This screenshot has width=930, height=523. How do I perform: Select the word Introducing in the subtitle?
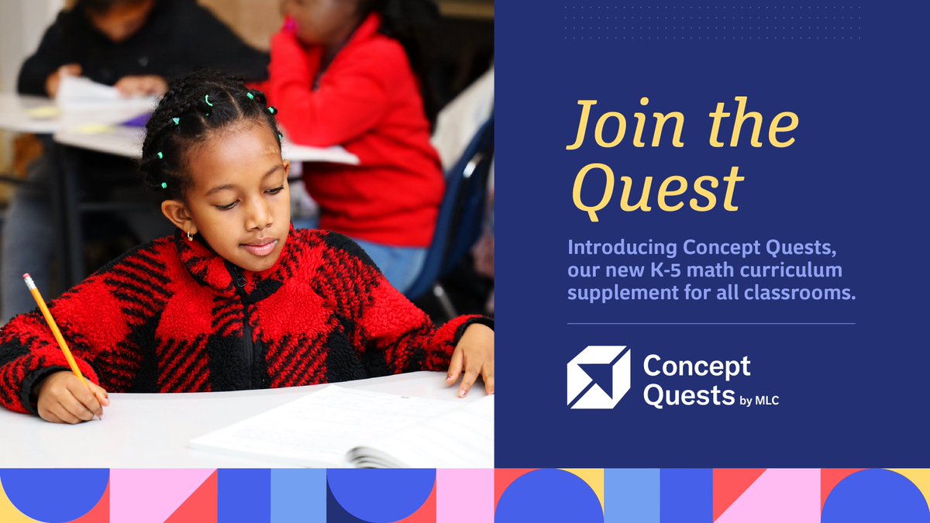point(622,249)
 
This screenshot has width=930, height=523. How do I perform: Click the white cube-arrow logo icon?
point(598,377)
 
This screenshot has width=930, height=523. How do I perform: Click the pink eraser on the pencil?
point(29,280)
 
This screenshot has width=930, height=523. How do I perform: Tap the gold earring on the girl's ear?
point(189,232)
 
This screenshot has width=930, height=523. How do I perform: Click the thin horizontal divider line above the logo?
point(711,323)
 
